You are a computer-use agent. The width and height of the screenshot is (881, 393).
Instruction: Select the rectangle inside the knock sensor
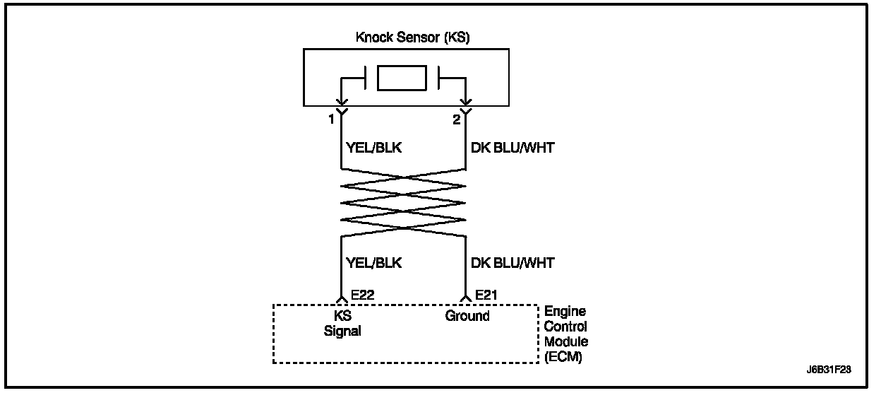pos(402,78)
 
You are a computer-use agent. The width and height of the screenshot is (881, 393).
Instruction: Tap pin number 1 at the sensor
pos(330,120)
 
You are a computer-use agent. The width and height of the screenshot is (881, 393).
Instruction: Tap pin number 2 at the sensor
pos(456,120)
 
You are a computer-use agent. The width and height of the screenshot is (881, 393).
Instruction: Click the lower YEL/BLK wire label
pos(373,263)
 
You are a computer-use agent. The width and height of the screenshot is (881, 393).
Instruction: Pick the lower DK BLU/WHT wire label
pos(512,263)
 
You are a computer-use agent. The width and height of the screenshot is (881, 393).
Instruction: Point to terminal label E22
pos(362,294)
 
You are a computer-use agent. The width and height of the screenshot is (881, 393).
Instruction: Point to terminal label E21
pos(489,294)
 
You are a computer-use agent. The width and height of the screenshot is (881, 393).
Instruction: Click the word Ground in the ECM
pos(467,316)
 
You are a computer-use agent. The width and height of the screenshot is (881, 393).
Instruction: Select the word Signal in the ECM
pos(342,331)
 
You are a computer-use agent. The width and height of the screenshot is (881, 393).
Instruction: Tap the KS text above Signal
pos(342,316)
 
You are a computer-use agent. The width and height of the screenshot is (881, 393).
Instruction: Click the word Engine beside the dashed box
pos(564,312)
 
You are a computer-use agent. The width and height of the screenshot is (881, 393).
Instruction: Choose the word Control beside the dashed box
pos(565,327)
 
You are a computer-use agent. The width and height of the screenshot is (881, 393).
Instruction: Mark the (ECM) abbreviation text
pos(563,358)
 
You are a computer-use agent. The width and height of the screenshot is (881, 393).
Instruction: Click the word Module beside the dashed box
pos(565,342)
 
